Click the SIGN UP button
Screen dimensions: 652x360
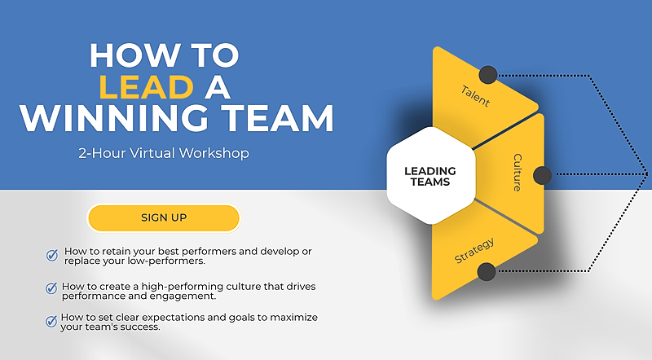tap(164, 217)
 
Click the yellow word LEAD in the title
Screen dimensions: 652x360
tap(147, 87)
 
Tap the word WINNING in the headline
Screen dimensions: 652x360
tap(114, 118)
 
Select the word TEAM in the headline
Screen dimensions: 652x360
tap(277, 118)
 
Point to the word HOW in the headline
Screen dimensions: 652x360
tap(133, 55)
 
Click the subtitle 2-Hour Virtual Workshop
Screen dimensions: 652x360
tap(164, 153)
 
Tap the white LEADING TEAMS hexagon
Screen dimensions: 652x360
tap(431, 176)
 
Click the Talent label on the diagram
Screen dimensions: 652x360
tap(475, 96)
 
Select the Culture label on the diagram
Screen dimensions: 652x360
tap(518, 173)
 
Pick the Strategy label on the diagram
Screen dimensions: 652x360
tap(474, 251)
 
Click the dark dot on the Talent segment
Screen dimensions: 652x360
tap(488, 75)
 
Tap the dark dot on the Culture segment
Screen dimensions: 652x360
tap(542, 175)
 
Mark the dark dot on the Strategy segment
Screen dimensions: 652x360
tap(487, 272)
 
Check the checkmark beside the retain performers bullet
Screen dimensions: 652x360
tap(52, 255)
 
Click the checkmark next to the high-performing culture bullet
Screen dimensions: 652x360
tap(51, 288)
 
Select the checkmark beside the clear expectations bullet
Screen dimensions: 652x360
tap(51, 321)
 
